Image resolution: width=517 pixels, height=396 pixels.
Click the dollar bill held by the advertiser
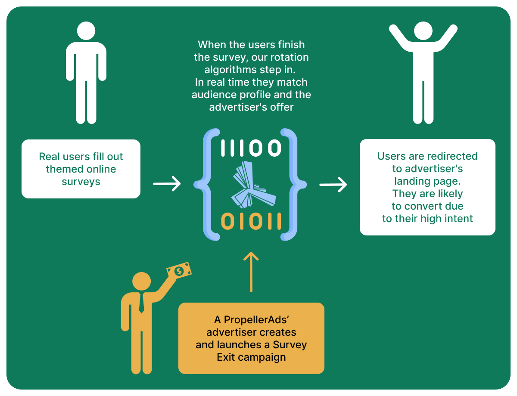[179, 271]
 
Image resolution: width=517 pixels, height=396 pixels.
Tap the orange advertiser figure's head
[141, 281]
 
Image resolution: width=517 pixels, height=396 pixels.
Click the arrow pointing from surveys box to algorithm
[167, 184]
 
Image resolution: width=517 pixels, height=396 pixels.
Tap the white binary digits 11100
[251, 148]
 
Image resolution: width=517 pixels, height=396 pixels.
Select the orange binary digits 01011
[251, 221]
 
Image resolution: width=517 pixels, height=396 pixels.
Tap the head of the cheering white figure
[423, 31]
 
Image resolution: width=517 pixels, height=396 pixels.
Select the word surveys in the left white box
[81, 182]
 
